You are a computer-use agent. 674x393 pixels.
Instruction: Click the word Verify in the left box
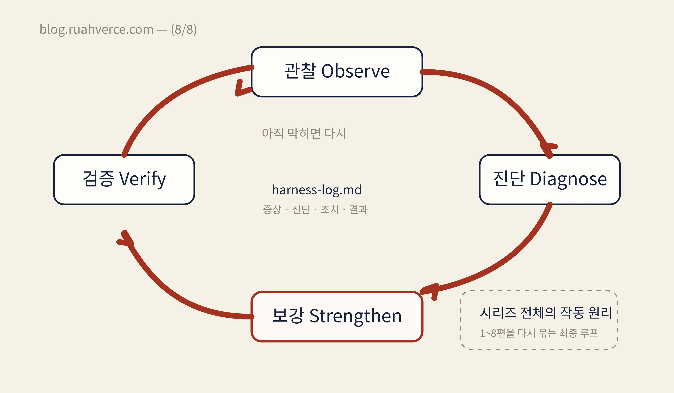pos(142,179)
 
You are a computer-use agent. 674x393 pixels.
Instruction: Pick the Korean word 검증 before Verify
pos(98,179)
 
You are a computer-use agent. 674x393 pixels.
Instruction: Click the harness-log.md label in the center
pos(317,190)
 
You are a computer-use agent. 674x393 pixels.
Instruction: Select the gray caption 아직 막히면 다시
pos(304,133)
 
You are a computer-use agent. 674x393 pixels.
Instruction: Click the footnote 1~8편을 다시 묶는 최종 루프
pos(539,333)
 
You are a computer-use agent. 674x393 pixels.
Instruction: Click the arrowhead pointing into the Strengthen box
pos(431,291)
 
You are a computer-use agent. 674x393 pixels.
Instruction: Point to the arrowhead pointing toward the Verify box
pos(126,239)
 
